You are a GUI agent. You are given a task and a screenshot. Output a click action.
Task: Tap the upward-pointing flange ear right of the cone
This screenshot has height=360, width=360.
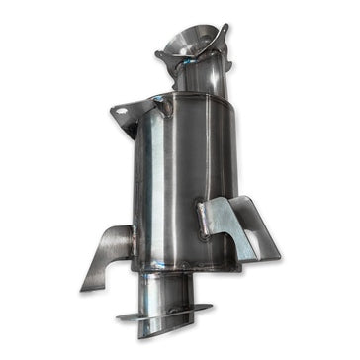point(224,36)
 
